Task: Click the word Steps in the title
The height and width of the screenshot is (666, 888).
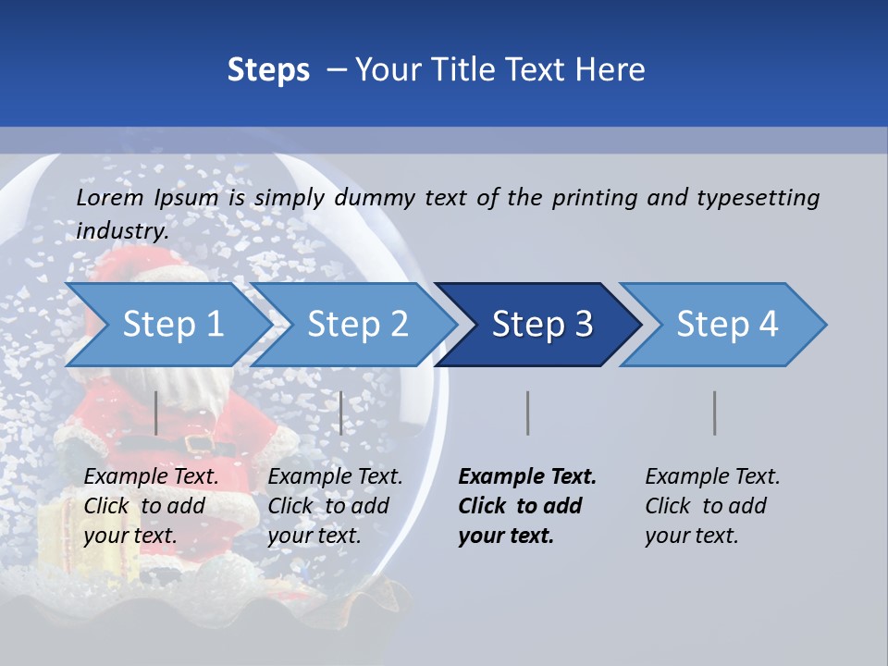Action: (x=268, y=70)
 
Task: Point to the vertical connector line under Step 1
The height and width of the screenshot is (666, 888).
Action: (x=156, y=413)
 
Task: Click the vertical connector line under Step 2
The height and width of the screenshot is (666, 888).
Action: (x=341, y=413)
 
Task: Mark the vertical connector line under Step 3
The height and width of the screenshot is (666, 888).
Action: (x=528, y=413)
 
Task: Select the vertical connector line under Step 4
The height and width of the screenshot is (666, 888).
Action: (x=714, y=413)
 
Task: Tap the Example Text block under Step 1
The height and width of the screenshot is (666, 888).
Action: (x=152, y=506)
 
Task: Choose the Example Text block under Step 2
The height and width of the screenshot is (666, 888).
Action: (x=335, y=506)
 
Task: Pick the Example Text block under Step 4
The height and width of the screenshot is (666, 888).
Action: (x=712, y=506)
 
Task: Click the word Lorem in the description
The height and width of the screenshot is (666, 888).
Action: (x=110, y=197)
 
